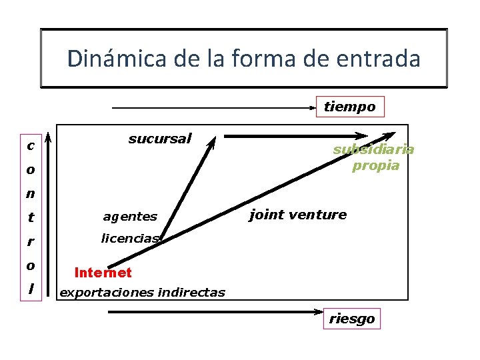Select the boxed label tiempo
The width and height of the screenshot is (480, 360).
tap(349, 107)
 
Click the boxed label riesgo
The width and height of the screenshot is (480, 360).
tap(351, 319)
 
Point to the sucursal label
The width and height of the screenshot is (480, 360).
tap(159, 139)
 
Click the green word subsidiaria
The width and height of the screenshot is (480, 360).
tap(373, 149)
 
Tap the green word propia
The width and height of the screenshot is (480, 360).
tap(375, 165)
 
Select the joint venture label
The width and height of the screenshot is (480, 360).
tap(297, 215)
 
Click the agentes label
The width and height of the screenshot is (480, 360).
tap(130, 216)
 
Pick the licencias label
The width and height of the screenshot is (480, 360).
tap(130, 238)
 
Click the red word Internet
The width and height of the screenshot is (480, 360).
tap(103, 273)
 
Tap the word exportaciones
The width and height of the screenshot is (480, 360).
tap(107, 293)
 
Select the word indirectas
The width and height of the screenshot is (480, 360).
tap(192, 293)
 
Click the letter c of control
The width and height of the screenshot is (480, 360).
tap(31, 145)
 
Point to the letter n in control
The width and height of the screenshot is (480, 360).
tap(31, 194)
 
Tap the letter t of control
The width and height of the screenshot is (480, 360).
tap(31, 217)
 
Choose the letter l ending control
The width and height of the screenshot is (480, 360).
tap(31, 289)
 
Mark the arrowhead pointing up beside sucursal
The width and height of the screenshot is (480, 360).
tap(212, 140)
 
